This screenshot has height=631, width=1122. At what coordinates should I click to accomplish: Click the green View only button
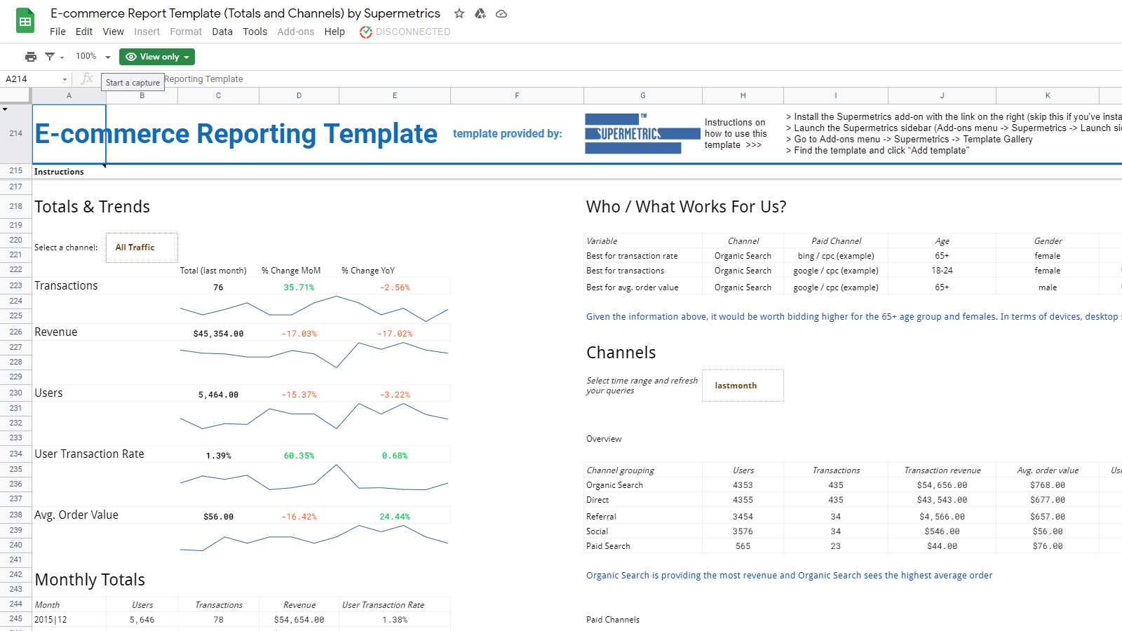point(156,57)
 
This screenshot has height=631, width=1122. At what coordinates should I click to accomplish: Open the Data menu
point(222,32)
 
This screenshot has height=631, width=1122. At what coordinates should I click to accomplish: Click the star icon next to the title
point(459,13)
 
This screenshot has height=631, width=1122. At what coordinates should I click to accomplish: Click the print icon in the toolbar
point(31,57)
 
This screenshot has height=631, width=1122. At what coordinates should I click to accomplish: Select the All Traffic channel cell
point(142,247)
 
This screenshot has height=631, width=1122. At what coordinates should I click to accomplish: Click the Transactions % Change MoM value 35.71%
point(299,287)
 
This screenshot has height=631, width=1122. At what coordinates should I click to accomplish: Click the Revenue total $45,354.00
point(218,334)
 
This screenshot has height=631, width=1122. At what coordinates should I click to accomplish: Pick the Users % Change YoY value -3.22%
point(395,395)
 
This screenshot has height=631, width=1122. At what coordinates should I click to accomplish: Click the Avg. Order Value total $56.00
point(218,517)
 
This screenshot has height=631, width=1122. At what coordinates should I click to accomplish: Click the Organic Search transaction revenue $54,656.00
point(942,485)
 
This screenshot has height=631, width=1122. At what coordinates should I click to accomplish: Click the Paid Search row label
point(608,546)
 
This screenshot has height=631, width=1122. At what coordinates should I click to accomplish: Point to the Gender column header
point(1048,241)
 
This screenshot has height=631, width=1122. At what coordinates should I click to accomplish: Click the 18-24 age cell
point(942,271)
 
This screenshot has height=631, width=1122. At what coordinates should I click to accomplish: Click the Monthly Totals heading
point(90,580)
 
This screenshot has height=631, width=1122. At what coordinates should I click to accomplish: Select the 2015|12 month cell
point(50,620)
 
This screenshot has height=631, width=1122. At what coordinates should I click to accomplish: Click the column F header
point(517,95)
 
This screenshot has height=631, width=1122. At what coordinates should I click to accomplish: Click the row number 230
point(15,393)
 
